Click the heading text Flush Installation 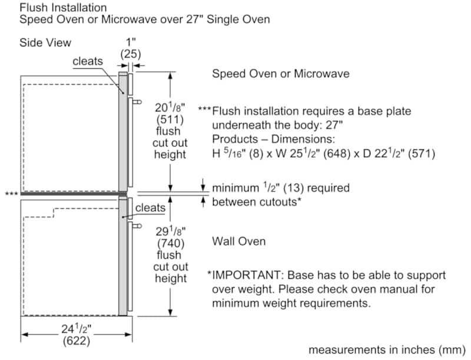coord(63,7)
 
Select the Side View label coord(45,42)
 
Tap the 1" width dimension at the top coord(131,42)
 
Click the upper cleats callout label coord(88,61)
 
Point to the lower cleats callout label coord(150,208)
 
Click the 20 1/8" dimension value coord(170,107)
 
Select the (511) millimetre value coord(170,119)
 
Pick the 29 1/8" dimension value coord(171,231)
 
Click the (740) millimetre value coord(171,244)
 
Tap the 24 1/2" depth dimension coord(77,329)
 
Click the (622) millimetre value coord(77,341)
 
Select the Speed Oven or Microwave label coord(281,74)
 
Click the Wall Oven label coord(239,241)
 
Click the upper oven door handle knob coord(137,102)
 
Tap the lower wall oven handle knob coord(137,226)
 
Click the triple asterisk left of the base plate coord(11,194)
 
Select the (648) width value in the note coord(337,154)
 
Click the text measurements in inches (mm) coord(387,350)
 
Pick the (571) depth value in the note coord(422,154)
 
